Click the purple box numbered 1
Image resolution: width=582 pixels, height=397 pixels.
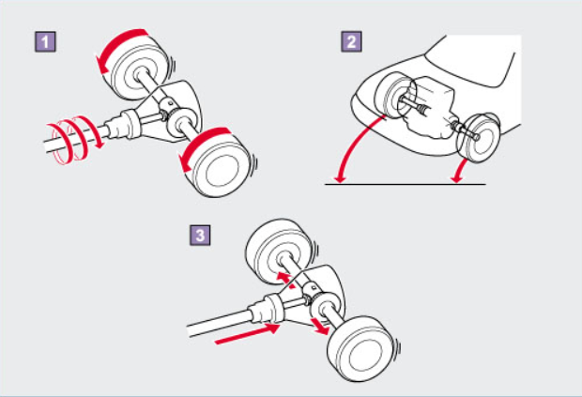pyautogui.click(x=45, y=41)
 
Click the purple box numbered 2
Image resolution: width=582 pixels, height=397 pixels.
pyautogui.click(x=351, y=41)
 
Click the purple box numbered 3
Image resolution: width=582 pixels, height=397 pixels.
pyautogui.click(x=200, y=235)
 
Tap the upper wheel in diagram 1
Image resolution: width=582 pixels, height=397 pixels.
pyautogui.click(x=137, y=69)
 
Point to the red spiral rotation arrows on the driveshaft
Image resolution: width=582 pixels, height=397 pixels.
pyautogui.click(x=74, y=139)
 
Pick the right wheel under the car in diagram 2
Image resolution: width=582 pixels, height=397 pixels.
pyautogui.click(x=478, y=137)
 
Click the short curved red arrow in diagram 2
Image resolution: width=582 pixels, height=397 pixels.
pyautogui.click(x=460, y=171)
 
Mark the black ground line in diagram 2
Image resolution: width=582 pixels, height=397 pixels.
pyautogui.click(x=406, y=184)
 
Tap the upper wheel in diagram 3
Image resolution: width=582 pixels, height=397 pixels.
pyautogui.click(x=281, y=252)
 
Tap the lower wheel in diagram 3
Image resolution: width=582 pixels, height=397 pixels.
pyautogui.click(x=363, y=349)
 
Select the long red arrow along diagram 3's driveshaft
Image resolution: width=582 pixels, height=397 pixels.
pyautogui.click(x=247, y=334)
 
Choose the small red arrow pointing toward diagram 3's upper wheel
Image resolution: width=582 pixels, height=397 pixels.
pyautogui.click(x=285, y=280)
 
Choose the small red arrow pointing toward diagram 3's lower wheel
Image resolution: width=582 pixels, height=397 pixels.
pyautogui.click(x=320, y=326)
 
